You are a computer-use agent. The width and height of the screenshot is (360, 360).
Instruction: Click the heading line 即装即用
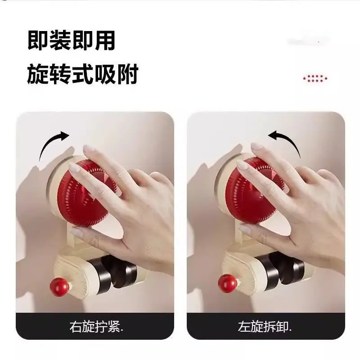pos(71,40)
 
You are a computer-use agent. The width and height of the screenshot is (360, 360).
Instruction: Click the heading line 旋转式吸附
pos(83,74)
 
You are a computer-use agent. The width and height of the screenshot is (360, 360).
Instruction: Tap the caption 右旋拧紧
pos(96,326)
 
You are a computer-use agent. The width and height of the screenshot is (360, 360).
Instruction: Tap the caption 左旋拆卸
pos(265,326)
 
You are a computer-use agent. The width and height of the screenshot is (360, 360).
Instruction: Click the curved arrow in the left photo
pos(49,142)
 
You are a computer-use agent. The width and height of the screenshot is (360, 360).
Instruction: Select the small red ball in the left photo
pos(59,287)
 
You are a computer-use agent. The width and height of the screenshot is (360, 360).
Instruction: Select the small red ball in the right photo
pos(227,283)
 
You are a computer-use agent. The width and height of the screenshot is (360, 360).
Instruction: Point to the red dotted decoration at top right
pos(315,78)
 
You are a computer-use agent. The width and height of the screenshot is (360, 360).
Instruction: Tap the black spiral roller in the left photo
pos(115,273)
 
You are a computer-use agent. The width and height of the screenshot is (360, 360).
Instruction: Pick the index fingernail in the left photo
pos(75,168)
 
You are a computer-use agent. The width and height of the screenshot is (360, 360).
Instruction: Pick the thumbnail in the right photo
pos(245,229)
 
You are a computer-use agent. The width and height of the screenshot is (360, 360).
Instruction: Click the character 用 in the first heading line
pos(105,40)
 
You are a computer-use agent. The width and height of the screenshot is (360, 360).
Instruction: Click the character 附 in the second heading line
pos(128,74)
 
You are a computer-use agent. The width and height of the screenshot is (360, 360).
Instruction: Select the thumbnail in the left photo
pos(77,232)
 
